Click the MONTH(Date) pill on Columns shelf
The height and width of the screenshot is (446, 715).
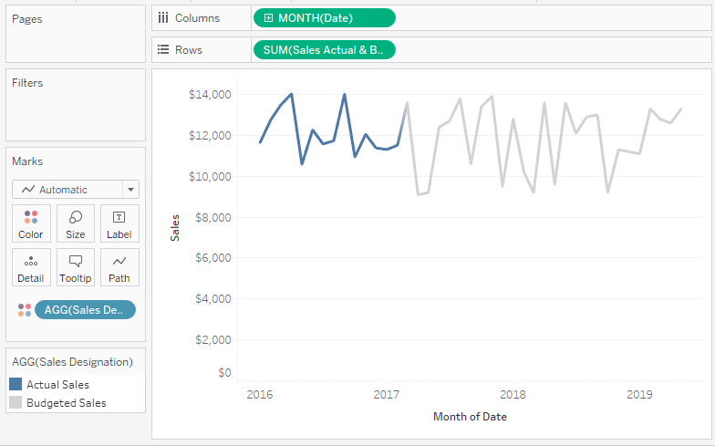pos(324,18)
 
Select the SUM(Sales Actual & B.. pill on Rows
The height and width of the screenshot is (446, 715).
pos(324,50)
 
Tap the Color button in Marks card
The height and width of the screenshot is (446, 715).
pos(31,224)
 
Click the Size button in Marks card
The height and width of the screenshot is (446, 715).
pos(76,224)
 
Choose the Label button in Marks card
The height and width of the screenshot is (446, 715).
pos(119,224)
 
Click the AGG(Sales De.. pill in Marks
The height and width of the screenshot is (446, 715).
pos(84,310)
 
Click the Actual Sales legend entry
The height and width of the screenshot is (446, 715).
pos(57,385)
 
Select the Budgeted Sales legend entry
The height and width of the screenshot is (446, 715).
pos(66,403)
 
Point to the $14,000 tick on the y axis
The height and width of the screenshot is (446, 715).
pos(210,94)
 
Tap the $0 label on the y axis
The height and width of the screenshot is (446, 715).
pos(223,372)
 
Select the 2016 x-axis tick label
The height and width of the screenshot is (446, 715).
pos(260,395)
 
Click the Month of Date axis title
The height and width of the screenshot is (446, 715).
pos(470,417)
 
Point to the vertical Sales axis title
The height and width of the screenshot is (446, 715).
pos(175,228)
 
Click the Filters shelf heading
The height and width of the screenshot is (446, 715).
pos(27,83)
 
